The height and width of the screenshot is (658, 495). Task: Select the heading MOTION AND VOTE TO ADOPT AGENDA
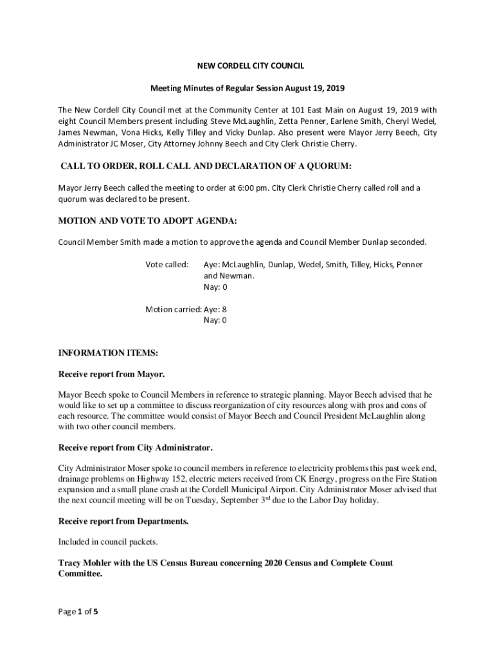148,221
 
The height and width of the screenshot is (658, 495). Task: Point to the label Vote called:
167,265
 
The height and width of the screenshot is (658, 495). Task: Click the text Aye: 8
215,309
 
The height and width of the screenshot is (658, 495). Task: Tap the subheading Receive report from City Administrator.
135,447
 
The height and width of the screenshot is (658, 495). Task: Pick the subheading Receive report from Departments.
123,521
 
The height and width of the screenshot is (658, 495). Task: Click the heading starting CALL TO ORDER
206,166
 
